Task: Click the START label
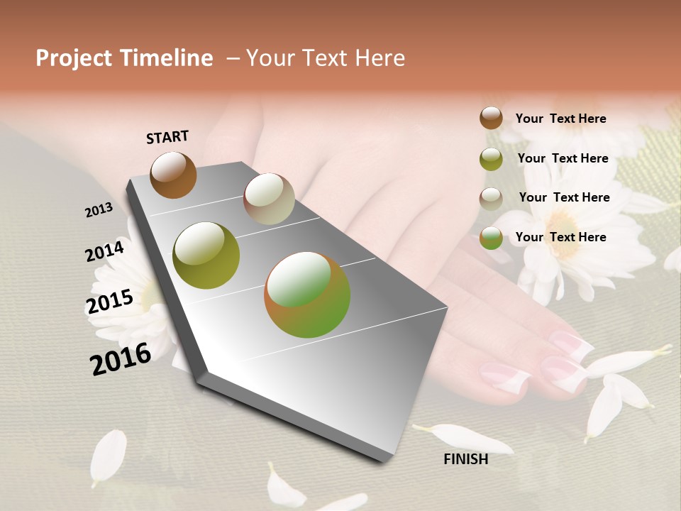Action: [x=167, y=137]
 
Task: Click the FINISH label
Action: [x=465, y=459]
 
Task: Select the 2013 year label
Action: [x=99, y=210]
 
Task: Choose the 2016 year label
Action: [x=121, y=359]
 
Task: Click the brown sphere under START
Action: [x=173, y=175]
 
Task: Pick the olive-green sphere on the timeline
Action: [x=206, y=255]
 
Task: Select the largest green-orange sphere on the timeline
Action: [x=307, y=295]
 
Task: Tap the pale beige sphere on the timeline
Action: [x=269, y=199]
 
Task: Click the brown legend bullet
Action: [x=491, y=118]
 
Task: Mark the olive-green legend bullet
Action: [x=491, y=159]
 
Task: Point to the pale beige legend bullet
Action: [x=491, y=199]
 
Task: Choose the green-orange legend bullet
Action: [x=491, y=238]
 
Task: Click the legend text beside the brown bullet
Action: [x=560, y=119]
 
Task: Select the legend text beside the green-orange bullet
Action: [x=560, y=237]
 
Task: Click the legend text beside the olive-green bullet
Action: [x=563, y=158]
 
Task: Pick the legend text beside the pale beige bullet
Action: [x=564, y=197]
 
